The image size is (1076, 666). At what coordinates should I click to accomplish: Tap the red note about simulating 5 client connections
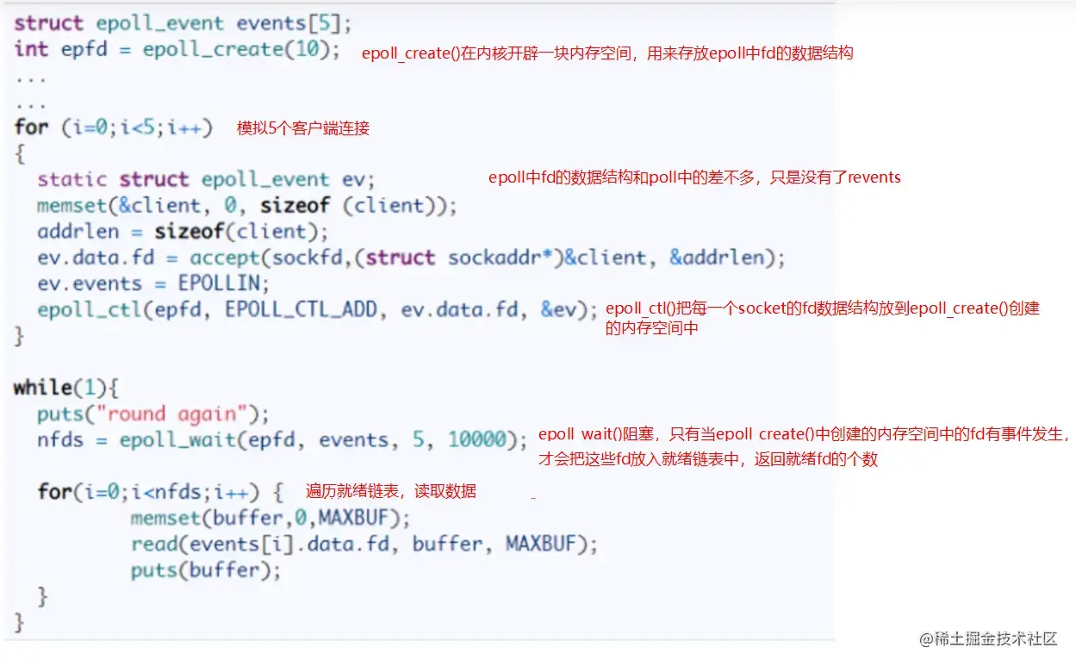[303, 128]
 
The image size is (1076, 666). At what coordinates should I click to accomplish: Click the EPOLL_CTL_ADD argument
[302, 309]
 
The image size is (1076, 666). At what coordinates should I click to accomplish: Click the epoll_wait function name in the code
[173, 440]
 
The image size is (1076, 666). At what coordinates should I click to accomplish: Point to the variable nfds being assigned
[60, 440]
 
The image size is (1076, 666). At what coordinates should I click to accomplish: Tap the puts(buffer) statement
[206, 570]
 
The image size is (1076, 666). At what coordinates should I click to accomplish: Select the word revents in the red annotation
[874, 177]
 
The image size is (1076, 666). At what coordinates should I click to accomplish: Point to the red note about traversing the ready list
[390, 491]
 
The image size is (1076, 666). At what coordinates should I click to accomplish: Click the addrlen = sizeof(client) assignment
[171, 232]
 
